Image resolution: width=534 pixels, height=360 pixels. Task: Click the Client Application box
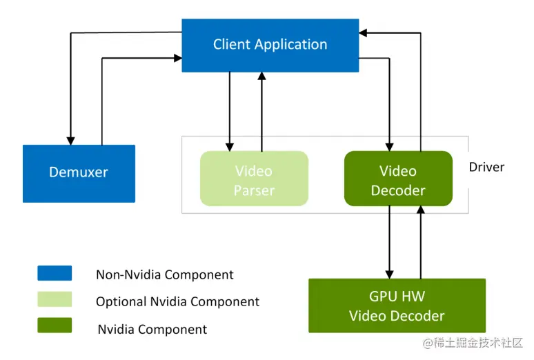tap(270, 45)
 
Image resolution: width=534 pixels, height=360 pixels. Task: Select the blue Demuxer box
tap(79, 173)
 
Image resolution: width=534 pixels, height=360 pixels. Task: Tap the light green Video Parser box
tap(254, 179)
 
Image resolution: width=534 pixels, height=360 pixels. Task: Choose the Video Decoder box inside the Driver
tap(398, 179)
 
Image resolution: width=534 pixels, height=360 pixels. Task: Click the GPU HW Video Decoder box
tap(397, 306)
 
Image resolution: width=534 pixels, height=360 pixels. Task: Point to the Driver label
tap(486, 167)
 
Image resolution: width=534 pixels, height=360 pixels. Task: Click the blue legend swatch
tap(55, 273)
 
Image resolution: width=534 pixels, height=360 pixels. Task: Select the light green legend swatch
tap(55, 299)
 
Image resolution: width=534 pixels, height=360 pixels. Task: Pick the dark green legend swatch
tap(55, 326)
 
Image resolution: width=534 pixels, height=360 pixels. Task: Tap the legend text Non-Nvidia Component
tap(164, 274)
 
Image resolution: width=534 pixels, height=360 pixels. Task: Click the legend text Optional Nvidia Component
tap(177, 301)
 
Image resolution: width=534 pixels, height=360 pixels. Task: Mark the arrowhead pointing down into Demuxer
tap(70, 140)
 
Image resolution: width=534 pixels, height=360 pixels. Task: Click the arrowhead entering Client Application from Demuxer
tap(177, 59)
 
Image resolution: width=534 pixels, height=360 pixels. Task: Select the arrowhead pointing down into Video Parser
tap(229, 146)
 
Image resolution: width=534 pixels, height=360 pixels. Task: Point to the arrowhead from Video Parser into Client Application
tap(261, 77)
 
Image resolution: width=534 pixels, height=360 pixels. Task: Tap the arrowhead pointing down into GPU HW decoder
tap(389, 273)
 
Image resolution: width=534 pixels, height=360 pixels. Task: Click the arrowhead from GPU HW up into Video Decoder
tap(419, 210)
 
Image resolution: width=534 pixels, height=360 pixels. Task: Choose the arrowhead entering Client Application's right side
tap(364, 32)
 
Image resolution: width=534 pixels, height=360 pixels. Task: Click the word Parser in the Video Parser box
tap(254, 190)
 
